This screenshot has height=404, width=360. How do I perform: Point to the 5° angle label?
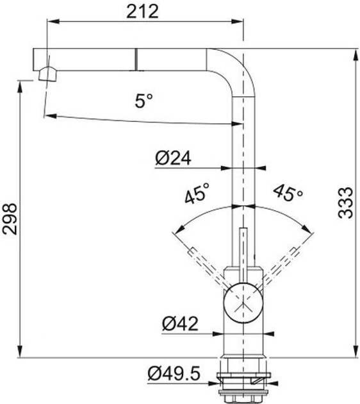pyautogui.click(x=144, y=100)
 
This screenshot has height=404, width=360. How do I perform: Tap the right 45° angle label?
pyautogui.click(x=288, y=192)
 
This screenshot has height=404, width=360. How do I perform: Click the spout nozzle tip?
pyautogui.click(x=44, y=74)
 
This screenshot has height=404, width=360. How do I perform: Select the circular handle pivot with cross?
pyautogui.click(x=243, y=300)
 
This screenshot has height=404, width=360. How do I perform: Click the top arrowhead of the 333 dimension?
pyautogui.click(x=356, y=51)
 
